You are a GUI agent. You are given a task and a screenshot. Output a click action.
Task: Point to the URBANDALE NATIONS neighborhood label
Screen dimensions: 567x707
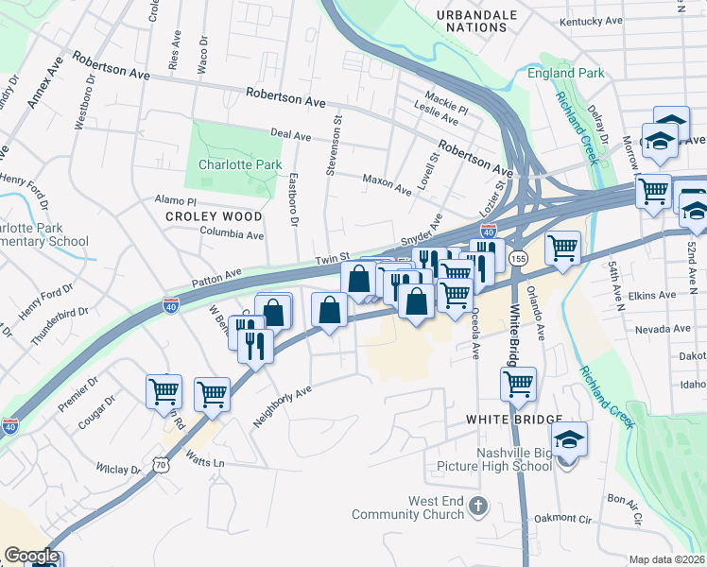click(478, 21)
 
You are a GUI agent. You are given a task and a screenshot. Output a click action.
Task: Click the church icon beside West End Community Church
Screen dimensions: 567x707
click(477, 507)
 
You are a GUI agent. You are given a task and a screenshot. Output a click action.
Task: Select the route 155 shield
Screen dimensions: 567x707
click(518, 258)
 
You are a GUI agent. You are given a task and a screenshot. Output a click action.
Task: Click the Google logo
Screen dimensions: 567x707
click(31, 556)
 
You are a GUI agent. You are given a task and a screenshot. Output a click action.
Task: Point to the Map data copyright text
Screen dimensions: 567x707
click(667, 559)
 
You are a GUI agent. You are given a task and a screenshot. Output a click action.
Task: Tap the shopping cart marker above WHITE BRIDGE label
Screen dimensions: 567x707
click(518, 384)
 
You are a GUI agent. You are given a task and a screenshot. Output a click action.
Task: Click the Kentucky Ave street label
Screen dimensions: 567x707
click(591, 20)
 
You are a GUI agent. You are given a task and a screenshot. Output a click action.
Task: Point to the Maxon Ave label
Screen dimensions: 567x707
click(388, 183)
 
